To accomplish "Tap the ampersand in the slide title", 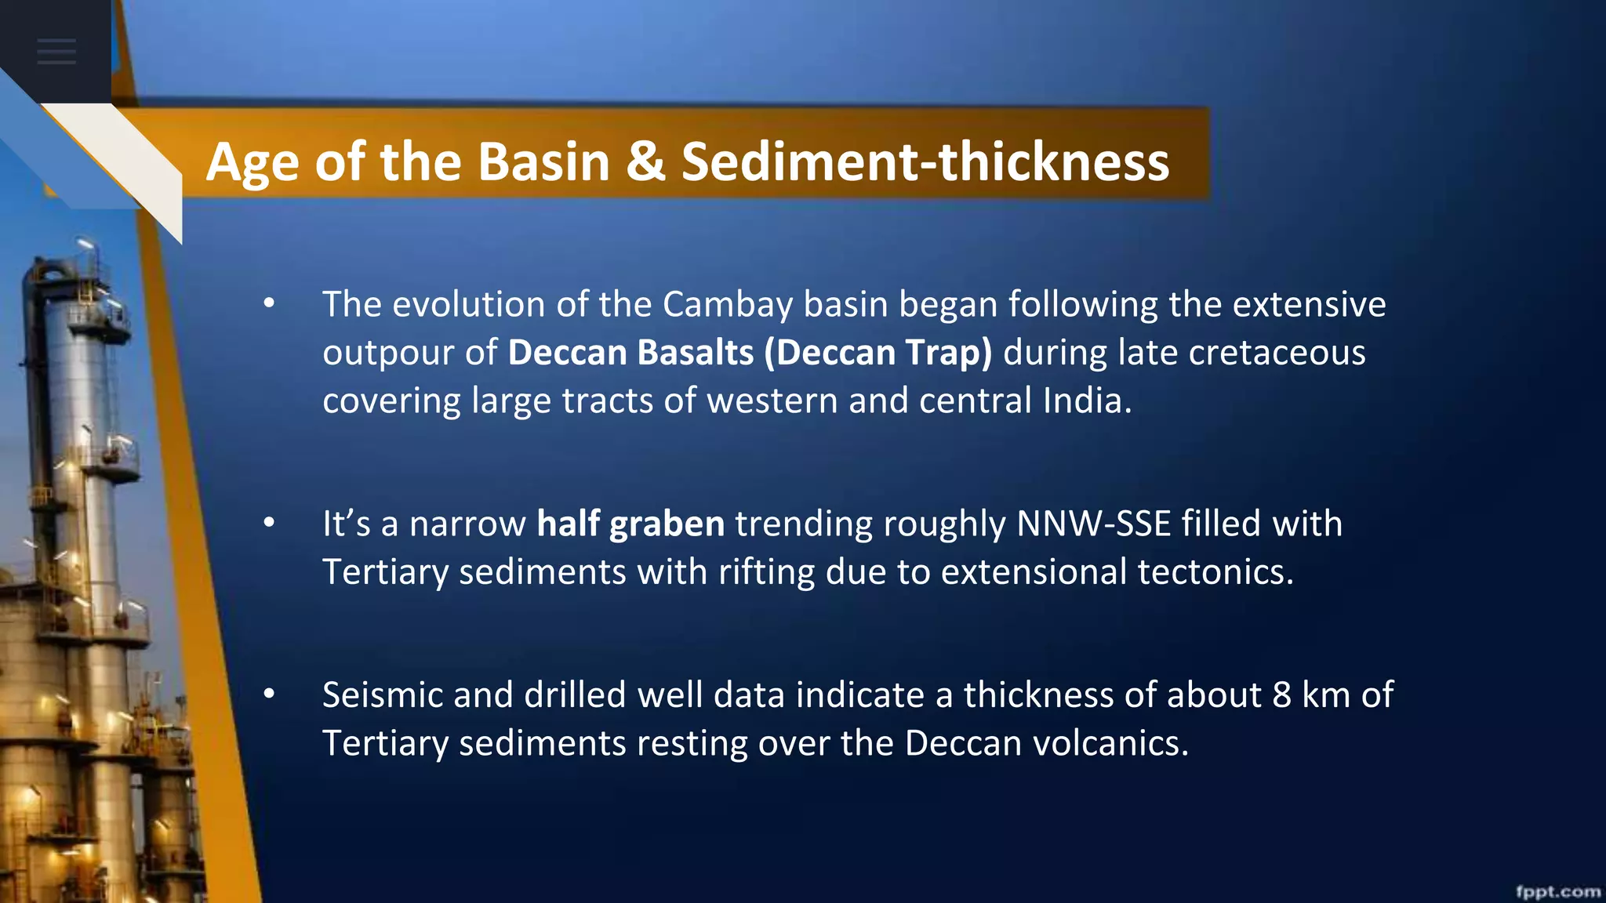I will click(x=645, y=162).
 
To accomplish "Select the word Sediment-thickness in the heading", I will click(x=925, y=162).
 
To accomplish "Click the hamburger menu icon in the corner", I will click(x=56, y=52).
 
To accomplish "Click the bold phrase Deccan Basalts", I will click(x=630, y=353).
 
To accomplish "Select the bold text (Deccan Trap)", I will click(x=877, y=353).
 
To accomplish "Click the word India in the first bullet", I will click(x=1085, y=401).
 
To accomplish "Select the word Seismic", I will click(x=382, y=695).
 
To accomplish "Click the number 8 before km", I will click(x=1281, y=695).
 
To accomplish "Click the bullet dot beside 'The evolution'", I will click(x=269, y=304).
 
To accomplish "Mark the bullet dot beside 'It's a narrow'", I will click(x=269, y=524).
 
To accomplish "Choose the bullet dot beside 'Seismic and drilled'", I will click(x=269, y=695).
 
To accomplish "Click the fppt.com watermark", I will click(x=1557, y=891).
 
